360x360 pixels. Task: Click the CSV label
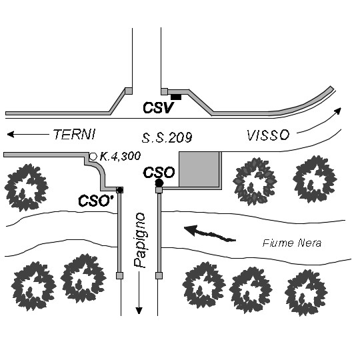[158, 108]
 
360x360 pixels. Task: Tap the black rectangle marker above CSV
[176, 97]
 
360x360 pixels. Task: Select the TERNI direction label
[75, 134]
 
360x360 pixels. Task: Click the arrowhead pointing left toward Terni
[11, 134]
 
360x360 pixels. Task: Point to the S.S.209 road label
[167, 138]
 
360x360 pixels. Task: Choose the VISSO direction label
[268, 135]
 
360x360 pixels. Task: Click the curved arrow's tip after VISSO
[339, 110]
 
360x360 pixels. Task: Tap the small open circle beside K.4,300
[93, 157]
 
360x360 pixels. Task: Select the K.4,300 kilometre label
[120, 157]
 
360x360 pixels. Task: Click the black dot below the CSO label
[159, 183]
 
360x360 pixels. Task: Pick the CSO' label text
[96, 201]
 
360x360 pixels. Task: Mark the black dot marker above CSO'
[119, 190]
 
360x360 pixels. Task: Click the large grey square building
[199, 169]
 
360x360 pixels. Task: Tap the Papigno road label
[140, 241]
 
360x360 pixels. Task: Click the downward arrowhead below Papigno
[139, 311]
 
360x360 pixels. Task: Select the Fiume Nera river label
[292, 243]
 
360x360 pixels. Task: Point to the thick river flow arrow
[210, 233]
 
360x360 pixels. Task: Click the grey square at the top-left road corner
[129, 91]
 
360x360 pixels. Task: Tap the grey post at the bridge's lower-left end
[119, 275]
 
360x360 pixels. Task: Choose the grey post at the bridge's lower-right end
[159, 275]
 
